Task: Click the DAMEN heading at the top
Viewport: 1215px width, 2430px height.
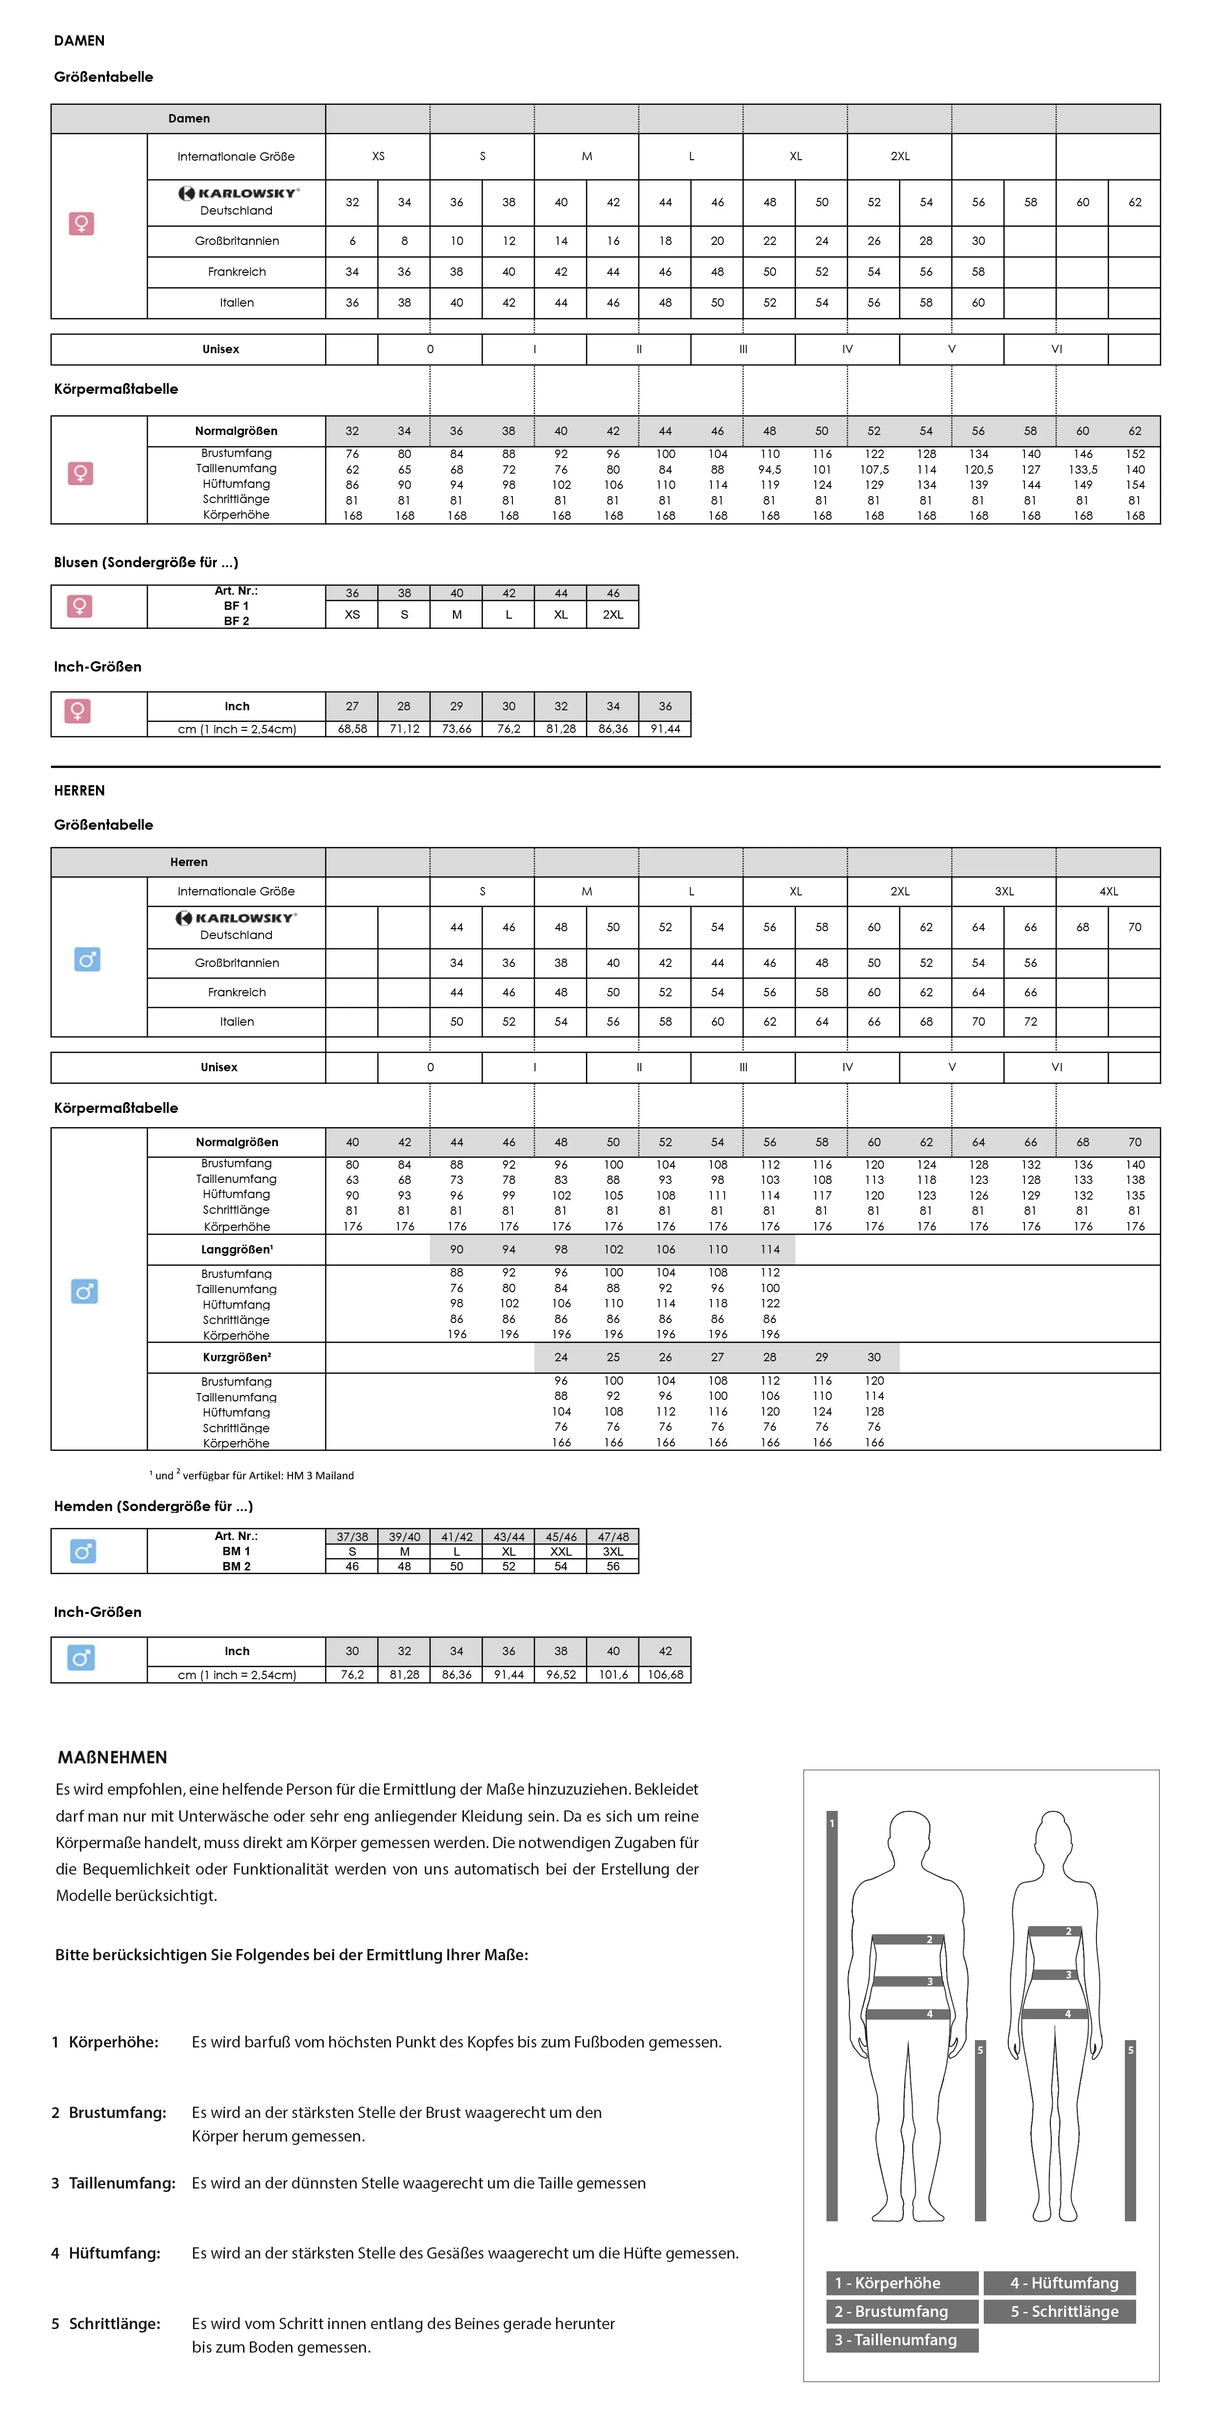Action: [79, 41]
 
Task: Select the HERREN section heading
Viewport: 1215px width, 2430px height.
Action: [79, 791]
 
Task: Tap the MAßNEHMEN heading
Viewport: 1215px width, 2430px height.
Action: [112, 1757]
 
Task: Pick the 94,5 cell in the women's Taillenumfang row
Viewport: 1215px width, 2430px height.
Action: [770, 469]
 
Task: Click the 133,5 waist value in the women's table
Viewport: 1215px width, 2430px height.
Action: [1083, 469]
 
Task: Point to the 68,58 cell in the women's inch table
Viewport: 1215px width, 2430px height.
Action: [352, 729]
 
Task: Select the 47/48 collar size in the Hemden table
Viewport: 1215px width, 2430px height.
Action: [613, 1537]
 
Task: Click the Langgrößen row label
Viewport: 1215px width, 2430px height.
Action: [237, 1249]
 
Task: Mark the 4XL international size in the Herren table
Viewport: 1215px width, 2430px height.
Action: [1108, 891]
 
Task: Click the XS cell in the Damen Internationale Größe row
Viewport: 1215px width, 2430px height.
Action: [378, 157]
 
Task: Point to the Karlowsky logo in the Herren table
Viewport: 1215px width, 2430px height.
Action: [237, 918]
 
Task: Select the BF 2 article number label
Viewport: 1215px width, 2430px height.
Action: [237, 621]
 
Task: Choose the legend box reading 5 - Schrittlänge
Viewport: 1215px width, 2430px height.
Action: [1064, 2311]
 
